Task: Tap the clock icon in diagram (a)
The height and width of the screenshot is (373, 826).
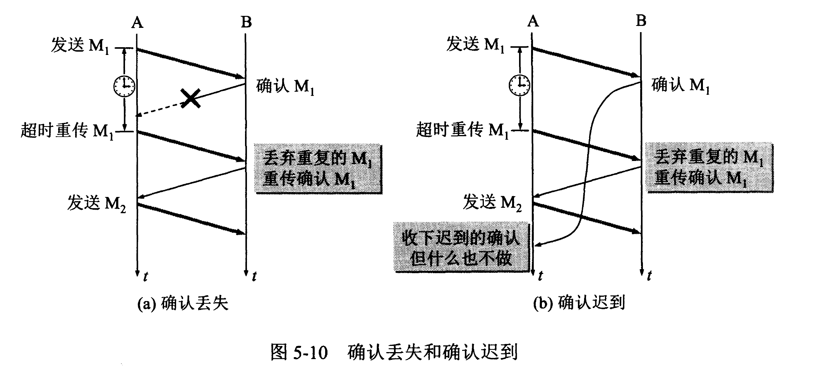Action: pos(124,86)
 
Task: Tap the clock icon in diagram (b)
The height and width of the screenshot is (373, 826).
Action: pos(519,85)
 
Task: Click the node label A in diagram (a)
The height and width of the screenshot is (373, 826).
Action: pos(137,22)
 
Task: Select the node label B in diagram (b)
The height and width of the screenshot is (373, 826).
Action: pos(641,20)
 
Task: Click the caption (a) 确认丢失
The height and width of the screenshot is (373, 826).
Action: pos(183,303)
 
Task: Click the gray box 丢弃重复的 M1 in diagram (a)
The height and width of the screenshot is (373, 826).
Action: pos(318,169)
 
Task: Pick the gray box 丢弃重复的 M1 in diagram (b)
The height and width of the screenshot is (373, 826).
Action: pos(709,168)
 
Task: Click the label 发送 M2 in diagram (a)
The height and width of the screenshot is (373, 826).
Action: pos(97,203)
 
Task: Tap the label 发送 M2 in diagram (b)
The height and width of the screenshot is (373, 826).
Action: pos(492,202)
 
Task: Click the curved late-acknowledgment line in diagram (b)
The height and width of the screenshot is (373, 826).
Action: pos(589,155)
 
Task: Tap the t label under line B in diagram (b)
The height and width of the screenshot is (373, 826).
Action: pos(649,275)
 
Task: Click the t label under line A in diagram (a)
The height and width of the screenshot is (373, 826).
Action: pos(145,276)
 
